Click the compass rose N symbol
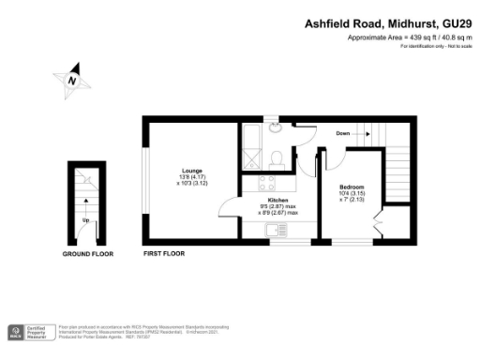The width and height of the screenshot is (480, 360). pos(71,81)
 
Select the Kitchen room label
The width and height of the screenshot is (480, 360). pos(278,201)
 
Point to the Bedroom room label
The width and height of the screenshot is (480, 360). pos(352,187)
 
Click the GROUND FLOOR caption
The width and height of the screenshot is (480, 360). pos(88,254)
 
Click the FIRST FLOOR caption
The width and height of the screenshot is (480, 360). pos(164,254)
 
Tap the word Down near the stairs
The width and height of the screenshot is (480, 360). pos(343,134)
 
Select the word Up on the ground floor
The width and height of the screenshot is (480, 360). pos(85,220)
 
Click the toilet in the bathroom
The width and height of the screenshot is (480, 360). pos(277,157)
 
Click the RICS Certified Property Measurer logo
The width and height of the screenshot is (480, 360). pos(27,331)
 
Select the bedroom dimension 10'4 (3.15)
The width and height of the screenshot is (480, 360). pos(352,194)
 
